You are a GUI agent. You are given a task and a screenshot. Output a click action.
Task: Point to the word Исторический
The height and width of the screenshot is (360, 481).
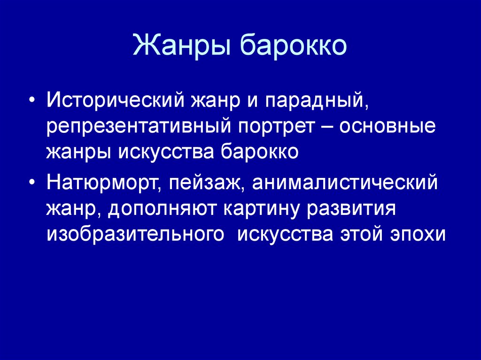[x=116, y=100]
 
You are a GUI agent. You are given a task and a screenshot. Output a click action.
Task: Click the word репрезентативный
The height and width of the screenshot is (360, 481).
[x=139, y=127]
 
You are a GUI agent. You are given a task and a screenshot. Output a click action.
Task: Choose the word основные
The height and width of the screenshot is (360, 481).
[x=387, y=126]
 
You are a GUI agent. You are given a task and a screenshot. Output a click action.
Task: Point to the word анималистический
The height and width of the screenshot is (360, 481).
[x=345, y=183]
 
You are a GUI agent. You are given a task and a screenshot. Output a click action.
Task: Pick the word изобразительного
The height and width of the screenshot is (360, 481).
[x=135, y=235]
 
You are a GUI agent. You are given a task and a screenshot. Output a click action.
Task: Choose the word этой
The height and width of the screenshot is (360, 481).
[x=361, y=235]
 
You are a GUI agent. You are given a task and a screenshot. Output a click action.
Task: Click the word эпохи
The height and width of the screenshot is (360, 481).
[x=418, y=235]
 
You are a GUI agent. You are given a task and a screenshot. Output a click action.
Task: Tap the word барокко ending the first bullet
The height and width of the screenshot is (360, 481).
[x=259, y=152]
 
